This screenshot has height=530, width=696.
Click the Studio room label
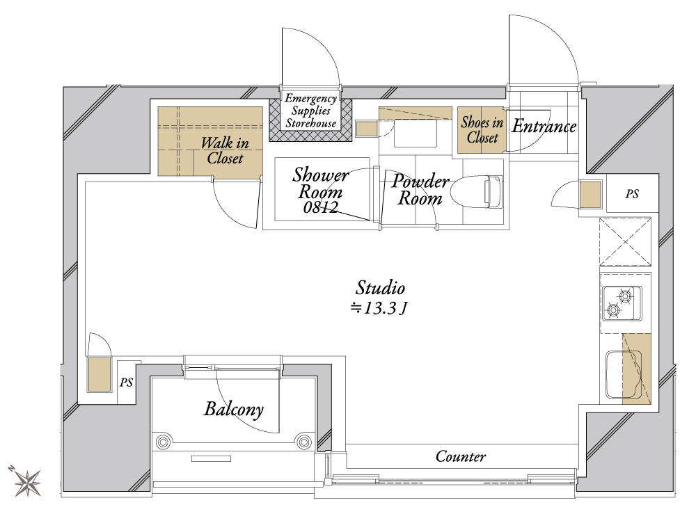point(380,288)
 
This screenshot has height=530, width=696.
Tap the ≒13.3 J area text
point(379,308)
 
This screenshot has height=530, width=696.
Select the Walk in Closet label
point(225,150)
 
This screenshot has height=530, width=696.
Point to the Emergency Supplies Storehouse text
point(310,111)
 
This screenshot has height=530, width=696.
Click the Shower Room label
point(320,183)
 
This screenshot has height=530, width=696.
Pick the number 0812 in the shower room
point(320,207)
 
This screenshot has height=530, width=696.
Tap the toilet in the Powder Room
point(476,191)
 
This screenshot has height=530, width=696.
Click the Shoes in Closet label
point(482,129)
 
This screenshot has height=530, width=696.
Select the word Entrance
point(544,127)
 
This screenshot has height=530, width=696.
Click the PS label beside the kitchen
point(632,194)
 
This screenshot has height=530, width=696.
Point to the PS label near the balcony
point(127,383)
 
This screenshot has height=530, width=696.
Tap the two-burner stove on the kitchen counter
point(622,303)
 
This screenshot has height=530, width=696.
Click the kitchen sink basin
point(624,375)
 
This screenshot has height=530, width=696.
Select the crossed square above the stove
point(625,242)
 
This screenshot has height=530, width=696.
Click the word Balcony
point(233,410)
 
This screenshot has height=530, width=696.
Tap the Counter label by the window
point(461,456)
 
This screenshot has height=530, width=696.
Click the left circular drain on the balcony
point(163,442)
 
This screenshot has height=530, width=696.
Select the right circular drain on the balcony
point(304,442)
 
